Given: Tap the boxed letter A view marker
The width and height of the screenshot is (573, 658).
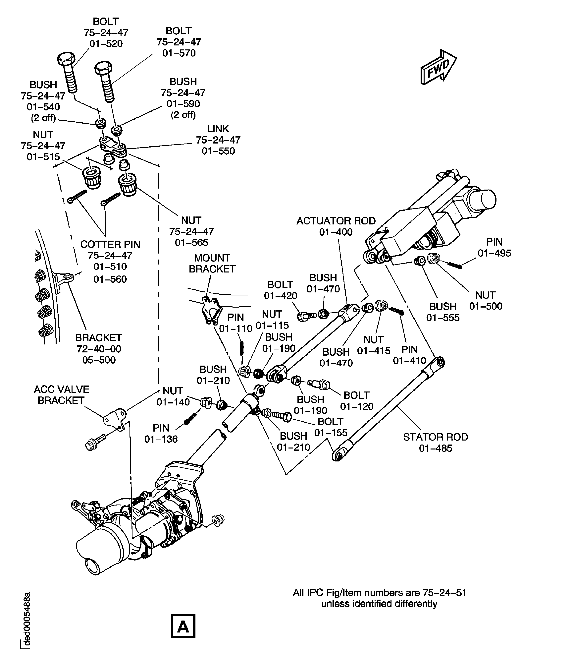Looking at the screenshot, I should (183, 626).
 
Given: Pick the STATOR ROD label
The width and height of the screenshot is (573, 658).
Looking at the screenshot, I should (436, 437).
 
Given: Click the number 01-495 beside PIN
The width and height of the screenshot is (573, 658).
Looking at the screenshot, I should (494, 253).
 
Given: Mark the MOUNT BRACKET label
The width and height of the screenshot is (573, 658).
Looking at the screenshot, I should (212, 263).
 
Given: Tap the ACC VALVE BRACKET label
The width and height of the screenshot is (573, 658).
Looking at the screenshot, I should (61, 395).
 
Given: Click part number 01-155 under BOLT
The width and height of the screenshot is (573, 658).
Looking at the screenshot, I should (331, 433).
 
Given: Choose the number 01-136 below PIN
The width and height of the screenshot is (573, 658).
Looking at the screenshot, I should (161, 439).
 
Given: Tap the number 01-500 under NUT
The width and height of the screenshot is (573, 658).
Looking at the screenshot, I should (486, 306).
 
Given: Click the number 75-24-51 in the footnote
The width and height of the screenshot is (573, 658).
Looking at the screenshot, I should (444, 593).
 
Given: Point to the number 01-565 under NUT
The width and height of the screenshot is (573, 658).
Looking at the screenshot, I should (191, 242).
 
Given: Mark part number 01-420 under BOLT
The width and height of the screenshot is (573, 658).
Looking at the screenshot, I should (281, 296).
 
